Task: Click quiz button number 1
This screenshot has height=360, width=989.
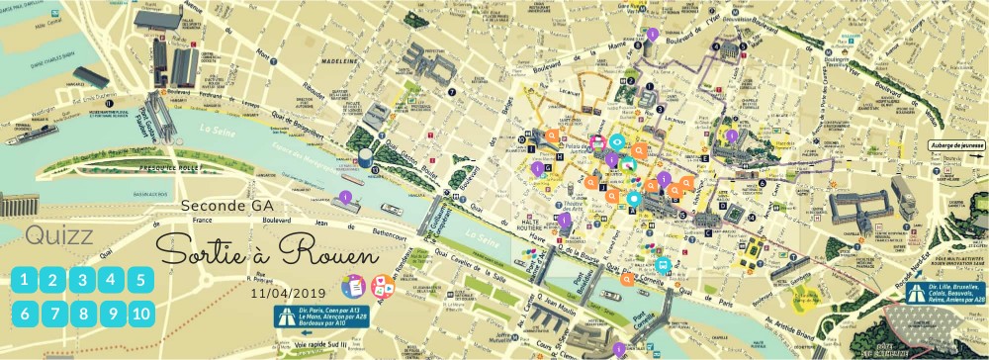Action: click(25, 280)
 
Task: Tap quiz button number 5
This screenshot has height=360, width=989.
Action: click(141, 280)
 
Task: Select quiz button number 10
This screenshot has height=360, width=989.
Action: click(141, 315)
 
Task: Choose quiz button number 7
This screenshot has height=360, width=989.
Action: click(53, 315)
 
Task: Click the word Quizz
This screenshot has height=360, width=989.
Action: click(59, 236)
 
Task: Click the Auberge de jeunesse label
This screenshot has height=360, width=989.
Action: click(956, 144)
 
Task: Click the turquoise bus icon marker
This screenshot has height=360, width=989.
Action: click(664, 265)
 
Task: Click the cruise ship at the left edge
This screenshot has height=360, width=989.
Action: click(30, 133)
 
